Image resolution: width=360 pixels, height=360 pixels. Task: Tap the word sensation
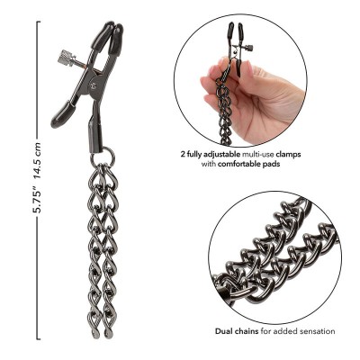pos(316,331)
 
